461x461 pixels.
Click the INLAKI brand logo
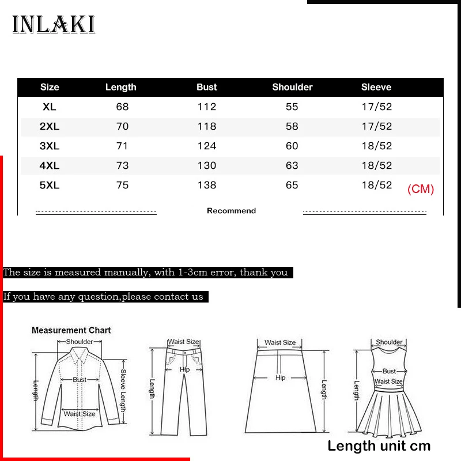pyautogui.click(x=54, y=24)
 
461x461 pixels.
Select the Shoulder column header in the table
pyautogui.click(x=292, y=87)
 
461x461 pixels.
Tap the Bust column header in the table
pyautogui.click(x=206, y=87)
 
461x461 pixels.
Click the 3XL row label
pyautogui.click(x=50, y=146)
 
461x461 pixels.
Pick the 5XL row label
pyautogui.click(x=50, y=185)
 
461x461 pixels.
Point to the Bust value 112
pyautogui.click(x=206, y=107)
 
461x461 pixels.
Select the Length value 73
pyautogui.click(x=122, y=165)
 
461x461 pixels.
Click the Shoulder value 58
pyautogui.click(x=292, y=126)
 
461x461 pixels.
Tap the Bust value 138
pyautogui.click(x=206, y=185)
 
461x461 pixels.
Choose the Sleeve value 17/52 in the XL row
pyautogui.click(x=376, y=107)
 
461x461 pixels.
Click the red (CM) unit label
pyautogui.click(x=421, y=189)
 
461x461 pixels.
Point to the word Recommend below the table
pyautogui.click(x=231, y=211)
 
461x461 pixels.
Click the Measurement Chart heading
pyautogui.click(x=71, y=330)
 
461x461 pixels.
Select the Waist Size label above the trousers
pyautogui.click(x=183, y=342)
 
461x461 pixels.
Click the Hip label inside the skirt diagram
pyautogui.click(x=280, y=378)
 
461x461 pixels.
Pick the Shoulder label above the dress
pyautogui.click(x=389, y=342)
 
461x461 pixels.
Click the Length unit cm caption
pyautogui.click(x=379, y=445)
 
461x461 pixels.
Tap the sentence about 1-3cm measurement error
pyautogui.click(x=145, y=272)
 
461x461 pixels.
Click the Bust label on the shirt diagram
pyautogui.click(x=80, y=380)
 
